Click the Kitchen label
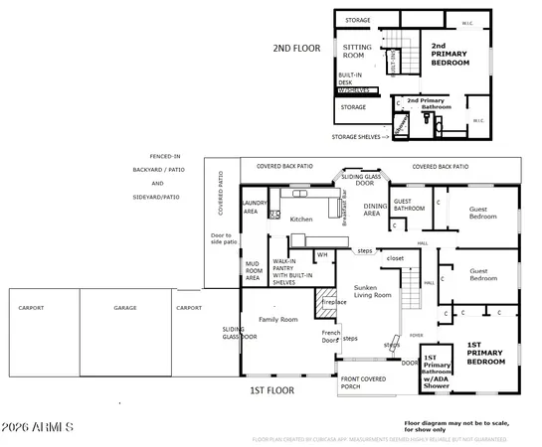300,219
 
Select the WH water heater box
321,254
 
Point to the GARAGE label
124,308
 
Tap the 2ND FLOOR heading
296,49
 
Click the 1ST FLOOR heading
272,391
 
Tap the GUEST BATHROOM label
408,206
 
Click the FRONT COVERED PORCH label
364,383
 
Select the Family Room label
277,320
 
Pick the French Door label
331,338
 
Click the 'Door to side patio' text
223,237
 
